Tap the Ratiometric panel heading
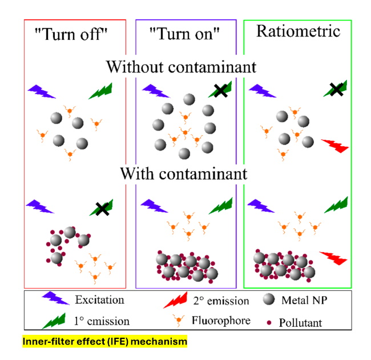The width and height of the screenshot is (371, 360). pyautogui.click(x=298, y=31)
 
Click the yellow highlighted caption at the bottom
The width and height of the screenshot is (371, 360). pyautogui.click(x=104, y=342)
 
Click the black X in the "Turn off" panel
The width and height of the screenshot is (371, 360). pyautogui.click(x=102, y=209)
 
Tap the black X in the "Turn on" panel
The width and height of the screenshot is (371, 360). pyautogui.click(x=220, y=90)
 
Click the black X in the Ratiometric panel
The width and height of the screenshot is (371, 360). pyautogui.click(x=336, y=90)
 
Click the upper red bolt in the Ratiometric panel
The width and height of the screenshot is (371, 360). pyautogui.click(x=335, y=146)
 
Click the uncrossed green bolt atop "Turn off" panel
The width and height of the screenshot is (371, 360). pyautogui.click(x=101, y=91)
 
